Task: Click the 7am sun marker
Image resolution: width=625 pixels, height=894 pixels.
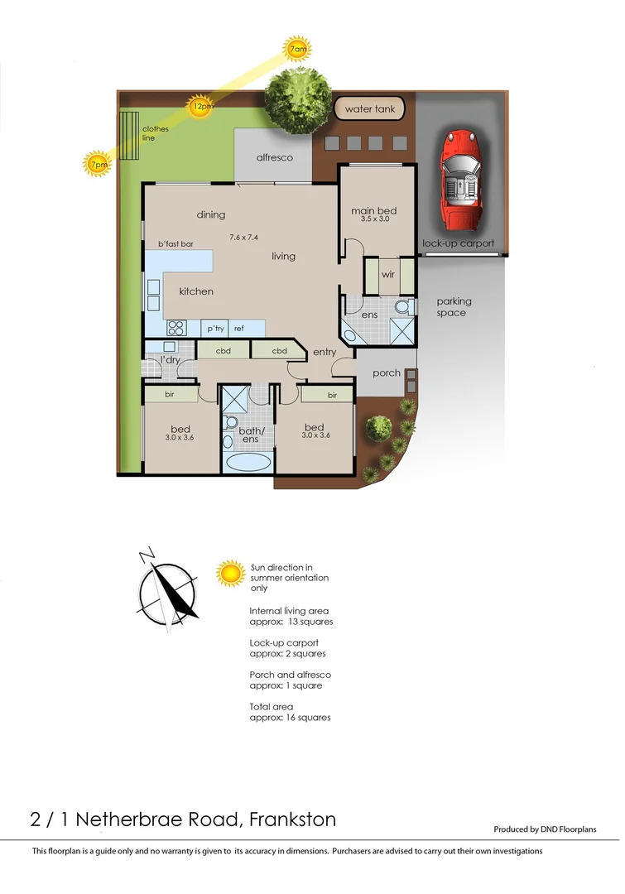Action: (x=298, y=50)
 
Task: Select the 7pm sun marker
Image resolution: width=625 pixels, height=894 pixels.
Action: (x=98, y=164)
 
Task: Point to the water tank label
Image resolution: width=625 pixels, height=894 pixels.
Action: (x=370, y=109)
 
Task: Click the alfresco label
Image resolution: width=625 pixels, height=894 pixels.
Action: (x=274, y=157)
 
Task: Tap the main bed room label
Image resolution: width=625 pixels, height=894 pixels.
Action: (x=373, y=211)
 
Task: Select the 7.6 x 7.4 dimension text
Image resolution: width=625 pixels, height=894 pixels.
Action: (x=244, y=238)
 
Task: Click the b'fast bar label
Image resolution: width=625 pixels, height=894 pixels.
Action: (x=175, y=244)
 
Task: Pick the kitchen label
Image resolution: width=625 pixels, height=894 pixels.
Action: (x=196, y=291)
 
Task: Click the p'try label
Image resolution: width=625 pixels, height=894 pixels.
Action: (x=216, y=329)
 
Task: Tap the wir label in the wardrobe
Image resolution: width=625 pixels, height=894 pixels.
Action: (x=387, y=275)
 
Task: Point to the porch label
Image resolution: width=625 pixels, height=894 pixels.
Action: (x=387, y=373)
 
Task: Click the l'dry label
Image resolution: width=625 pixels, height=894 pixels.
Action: (x=170, y=360)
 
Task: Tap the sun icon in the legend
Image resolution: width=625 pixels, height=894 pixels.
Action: (x=230, y=573)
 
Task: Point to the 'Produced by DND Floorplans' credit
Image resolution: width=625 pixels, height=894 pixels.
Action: (x=545, y=829)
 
